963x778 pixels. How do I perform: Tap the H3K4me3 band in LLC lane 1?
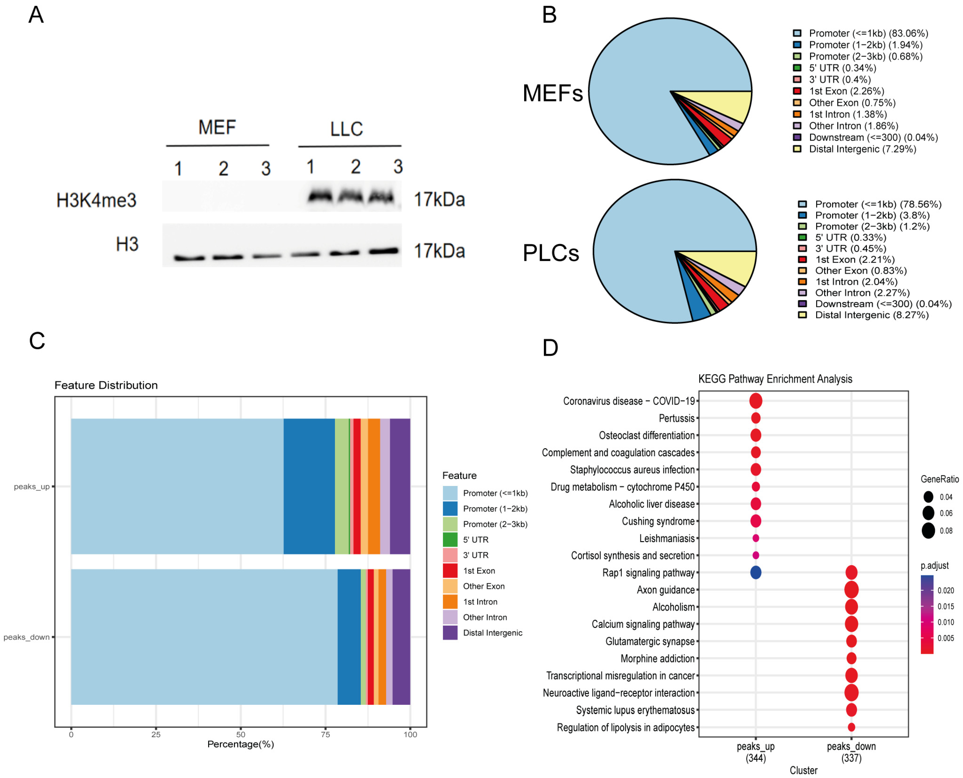[x=320, y=196]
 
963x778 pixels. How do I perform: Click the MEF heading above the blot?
[x=217, y=127]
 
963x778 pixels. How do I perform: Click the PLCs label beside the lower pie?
[x=550, y=253]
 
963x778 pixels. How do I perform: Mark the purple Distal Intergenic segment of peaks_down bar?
[x=401, y=636]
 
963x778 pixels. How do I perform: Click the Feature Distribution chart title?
[x=106, y=385]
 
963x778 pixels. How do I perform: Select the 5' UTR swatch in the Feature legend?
[x=450, y=539]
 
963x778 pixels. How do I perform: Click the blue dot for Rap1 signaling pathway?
[x=755, y=572]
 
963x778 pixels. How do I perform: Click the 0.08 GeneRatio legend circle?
[x=928, y=531]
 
